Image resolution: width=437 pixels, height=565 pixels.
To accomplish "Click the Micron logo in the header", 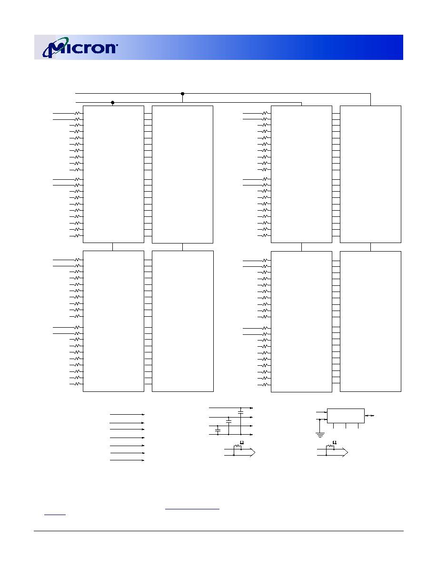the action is coord(80,47).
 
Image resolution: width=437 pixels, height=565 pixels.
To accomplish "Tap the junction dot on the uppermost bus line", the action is coord(182,94).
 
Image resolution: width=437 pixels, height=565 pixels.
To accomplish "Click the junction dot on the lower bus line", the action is coord(112,103).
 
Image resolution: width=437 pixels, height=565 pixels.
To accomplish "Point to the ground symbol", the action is coord(320,435).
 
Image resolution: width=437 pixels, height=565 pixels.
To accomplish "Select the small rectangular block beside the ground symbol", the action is coord(346,416).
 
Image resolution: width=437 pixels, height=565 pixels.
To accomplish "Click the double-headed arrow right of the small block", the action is coord(369,416).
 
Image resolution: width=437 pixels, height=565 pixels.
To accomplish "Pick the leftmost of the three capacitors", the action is coord(218,430).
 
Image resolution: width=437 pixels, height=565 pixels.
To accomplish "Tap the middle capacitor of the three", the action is coord(228,420).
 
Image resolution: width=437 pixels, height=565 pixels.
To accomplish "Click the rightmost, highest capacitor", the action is coord(241,411).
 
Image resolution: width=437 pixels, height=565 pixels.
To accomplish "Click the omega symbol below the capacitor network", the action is coord(242,442).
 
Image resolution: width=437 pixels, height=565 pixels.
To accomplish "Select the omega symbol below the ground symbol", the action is coord(335,442).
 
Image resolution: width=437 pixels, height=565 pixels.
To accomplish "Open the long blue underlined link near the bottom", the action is coord(192,509).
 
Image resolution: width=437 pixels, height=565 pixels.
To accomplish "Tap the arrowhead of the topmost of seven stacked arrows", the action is coord(143,415).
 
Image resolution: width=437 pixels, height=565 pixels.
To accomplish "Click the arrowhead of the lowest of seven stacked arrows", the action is coord(143,460).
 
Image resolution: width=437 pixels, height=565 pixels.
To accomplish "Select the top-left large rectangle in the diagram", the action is coord(113,174).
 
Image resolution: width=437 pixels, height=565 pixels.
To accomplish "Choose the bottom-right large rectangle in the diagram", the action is coord(370,321).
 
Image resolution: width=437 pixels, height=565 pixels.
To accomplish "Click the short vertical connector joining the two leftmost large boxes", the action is coord(112,247).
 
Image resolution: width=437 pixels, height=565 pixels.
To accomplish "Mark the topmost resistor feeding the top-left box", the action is coord(77,113).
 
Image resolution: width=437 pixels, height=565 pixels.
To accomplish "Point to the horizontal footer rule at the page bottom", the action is coord(218,531).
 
